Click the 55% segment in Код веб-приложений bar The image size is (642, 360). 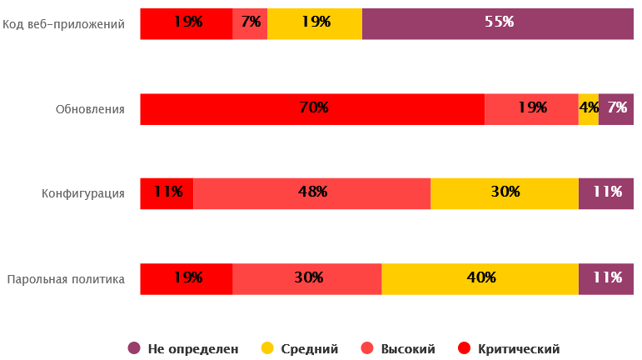[x=498, y=23]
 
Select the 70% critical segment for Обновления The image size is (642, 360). [x=312, y=108]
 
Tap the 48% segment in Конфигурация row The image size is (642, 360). [x=311, y=192]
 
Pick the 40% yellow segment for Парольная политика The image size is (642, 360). [x=480, y=278]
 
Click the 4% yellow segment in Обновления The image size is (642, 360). [x=589, y=108]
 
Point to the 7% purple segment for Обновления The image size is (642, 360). [x=616, y=108]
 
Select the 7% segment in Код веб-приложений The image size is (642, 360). [x=250, y=23]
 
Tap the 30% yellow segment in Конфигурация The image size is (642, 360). [x=504, y=192]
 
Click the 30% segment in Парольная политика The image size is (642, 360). [x=306, y=278]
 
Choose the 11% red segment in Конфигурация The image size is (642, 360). [x=167, y=192]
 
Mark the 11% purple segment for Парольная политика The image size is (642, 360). [x=606, y=278]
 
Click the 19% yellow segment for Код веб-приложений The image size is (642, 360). [x=315, y=23]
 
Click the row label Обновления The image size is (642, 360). [x=90, y=109]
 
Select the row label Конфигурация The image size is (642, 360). [x=83, y=194]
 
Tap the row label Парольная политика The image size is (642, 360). [x=66, y=279]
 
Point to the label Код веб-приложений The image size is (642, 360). [x=64, y=24]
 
